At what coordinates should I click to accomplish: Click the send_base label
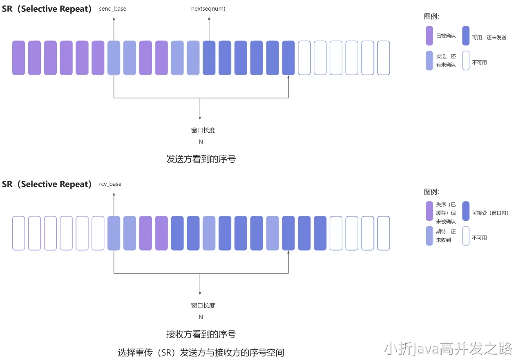click(112, 9)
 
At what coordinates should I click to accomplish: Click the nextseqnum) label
click(208, 9)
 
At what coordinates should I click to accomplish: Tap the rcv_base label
click(110, 184)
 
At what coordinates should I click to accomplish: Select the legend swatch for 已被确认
click(429, 36)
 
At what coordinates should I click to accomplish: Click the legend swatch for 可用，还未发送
click(466, 36)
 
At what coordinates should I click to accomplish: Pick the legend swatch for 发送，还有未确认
click(429, 61)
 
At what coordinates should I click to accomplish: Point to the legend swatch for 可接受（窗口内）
click(466, 211)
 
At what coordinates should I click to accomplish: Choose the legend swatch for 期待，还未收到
click(429, 236)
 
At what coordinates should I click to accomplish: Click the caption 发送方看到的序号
click(201, 159)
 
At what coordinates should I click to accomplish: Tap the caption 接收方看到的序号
click(201, 334)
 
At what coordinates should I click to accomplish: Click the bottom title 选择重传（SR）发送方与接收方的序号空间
click(201, 352)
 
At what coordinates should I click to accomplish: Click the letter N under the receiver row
click(201, 317)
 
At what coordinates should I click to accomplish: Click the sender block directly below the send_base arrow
click(114, 58)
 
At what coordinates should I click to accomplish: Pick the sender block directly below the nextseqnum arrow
click(209, 58)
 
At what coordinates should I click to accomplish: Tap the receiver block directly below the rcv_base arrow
click(114, 233)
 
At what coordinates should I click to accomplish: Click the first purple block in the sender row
click(19, 58)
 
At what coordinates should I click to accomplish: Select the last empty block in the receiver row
click(384, 233)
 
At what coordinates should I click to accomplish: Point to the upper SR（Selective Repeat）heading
click(47, 9)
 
